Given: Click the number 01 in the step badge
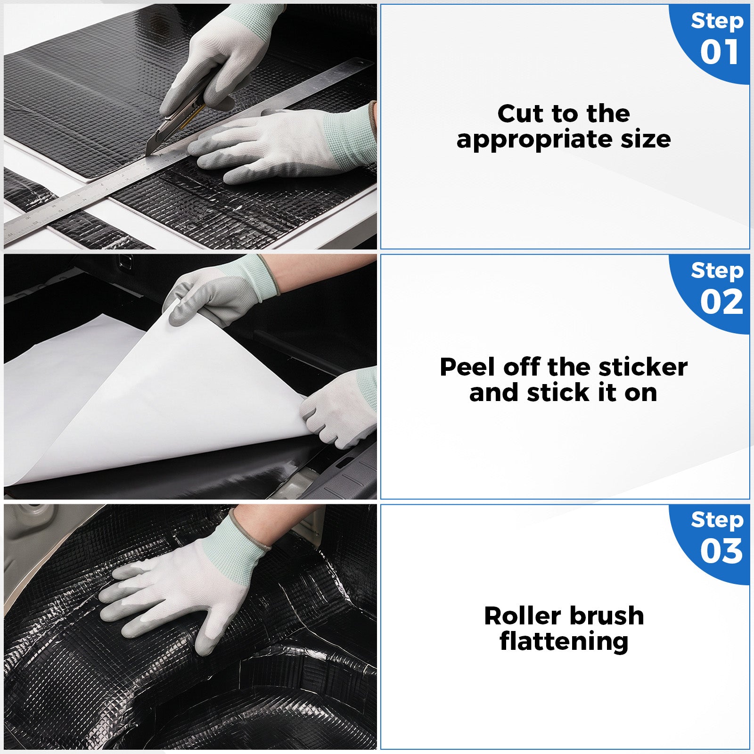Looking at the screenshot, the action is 719,52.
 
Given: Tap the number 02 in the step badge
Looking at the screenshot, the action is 721,302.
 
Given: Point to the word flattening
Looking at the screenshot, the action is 564,642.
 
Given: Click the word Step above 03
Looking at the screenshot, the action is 717,521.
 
